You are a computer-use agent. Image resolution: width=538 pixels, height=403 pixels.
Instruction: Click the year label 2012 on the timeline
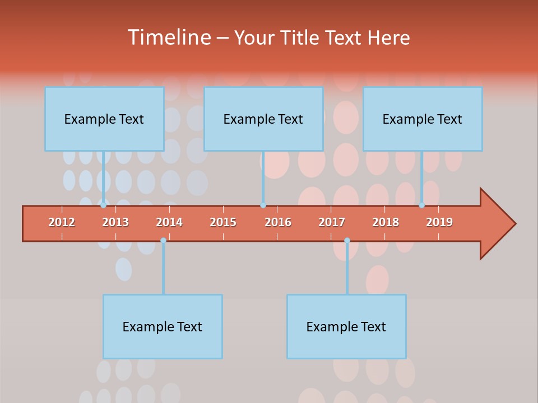[62, 222]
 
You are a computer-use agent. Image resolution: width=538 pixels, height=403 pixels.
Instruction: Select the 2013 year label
[115, 222]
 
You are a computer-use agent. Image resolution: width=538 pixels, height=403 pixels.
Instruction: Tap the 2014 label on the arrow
[169, 222]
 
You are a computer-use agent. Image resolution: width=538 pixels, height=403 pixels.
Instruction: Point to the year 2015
[223, 222]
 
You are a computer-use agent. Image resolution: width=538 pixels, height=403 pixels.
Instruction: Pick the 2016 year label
[278, 222]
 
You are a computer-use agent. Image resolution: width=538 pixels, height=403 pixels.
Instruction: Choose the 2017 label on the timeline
[332, 222]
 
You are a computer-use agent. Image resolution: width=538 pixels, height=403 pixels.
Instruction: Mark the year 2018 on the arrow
[386, 222]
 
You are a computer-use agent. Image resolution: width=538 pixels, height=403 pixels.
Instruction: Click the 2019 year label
[439, 222]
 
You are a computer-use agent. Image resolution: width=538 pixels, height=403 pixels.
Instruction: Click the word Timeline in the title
[168, 38]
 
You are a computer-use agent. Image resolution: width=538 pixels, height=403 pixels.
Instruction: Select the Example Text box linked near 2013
[104, 119]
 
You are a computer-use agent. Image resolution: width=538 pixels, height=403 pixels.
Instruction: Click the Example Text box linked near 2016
[263, 119]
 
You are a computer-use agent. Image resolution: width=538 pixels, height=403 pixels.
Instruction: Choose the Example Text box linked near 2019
[423, 119]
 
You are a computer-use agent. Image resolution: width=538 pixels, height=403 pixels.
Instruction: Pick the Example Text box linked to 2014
[163, 326]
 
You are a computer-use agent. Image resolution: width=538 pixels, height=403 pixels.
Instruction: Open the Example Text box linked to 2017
[346, 326]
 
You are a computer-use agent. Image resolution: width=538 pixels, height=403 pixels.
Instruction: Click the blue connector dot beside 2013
[103, 205]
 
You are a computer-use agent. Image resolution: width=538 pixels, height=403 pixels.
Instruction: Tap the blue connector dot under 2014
[163, 240]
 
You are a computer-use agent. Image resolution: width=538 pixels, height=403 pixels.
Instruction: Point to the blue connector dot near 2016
[263, 205]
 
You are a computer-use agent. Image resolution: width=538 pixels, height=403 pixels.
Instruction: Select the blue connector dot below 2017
[347, 240]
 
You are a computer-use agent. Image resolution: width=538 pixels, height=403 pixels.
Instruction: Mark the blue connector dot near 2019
[422, 205]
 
